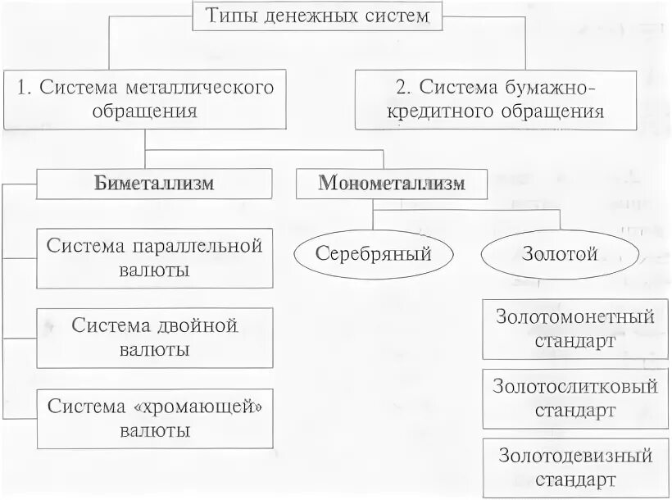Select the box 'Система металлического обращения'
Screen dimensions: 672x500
tap(144, 98)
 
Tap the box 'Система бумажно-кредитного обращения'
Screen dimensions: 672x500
tap(496, 98)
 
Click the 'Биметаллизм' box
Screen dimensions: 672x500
tap(155, 183)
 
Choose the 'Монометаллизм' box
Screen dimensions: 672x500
tap(391, 183)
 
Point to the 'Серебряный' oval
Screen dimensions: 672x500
tap(373, 253)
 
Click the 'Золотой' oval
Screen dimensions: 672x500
tap(559, 253)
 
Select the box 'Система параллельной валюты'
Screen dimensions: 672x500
tap(155, 258)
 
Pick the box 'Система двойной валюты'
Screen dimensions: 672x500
tap(155, 337)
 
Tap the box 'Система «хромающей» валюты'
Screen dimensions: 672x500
tap(155, 418)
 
